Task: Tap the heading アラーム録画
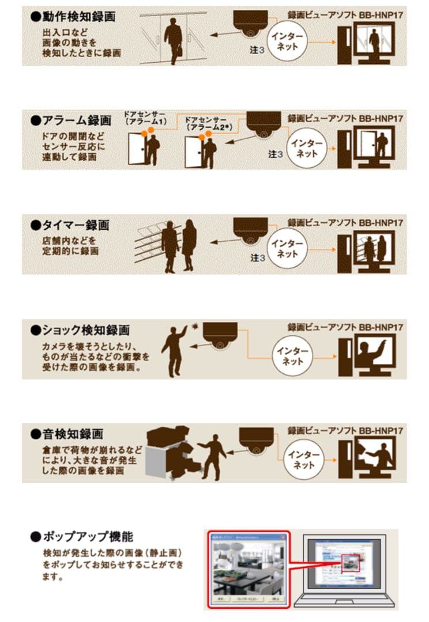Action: click(71, 121)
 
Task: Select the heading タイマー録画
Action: click(70, 225)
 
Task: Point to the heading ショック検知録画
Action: click(81, 331)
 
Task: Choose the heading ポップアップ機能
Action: click(82, 537)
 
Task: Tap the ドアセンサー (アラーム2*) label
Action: click(206, 122)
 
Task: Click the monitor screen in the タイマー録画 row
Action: click(374, 246)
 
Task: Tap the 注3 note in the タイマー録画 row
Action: click(258, 258)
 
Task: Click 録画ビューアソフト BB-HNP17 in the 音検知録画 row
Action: click(345, 430)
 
